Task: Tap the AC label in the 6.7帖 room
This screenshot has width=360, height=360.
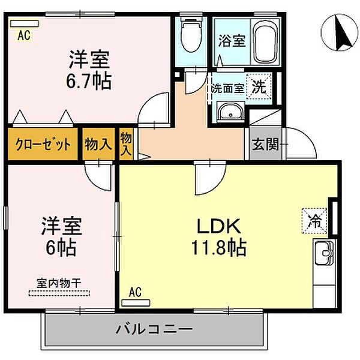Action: pyautogui.click(x=23, y=35)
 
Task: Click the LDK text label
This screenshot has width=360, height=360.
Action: pyautogui.click(x=220, y=227)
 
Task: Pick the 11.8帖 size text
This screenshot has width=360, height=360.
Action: pyautogui.click(x=220, y=247)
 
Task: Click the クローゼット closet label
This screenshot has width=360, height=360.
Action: pyautogui.click(x=43, y=144)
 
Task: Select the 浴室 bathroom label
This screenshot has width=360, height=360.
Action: pyautogui.click(x=232, y=41)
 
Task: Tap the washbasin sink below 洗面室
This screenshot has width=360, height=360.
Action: pyautogui.click(x=229, y=111)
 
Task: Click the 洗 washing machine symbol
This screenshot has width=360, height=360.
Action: pyautogui.click(x=259, y=86)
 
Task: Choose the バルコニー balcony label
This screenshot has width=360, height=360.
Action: pyautogui.click(x=154, y=329)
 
